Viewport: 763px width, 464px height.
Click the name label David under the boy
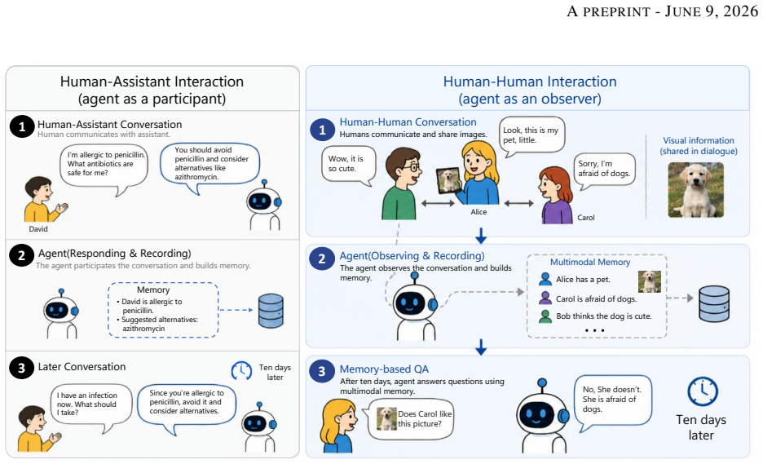coord(38,229)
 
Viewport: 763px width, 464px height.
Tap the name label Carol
coord(586,218)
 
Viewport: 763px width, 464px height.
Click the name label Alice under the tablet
coord(479,212)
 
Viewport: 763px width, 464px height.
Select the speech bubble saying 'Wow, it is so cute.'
coord(349,166)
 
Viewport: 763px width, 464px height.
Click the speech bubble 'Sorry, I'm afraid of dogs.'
coord(604,170)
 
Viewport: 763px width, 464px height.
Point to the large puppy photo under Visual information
coord(696,190)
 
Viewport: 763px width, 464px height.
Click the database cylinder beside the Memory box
coord(271,310)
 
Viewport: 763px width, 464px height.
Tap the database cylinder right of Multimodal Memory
coord(714,303)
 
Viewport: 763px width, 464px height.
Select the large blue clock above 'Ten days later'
coord(703,391)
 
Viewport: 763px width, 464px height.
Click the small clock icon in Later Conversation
coord(241,370)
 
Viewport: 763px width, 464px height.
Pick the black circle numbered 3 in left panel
coord(21,368)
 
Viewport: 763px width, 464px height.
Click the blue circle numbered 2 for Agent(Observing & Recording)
coord(322,259)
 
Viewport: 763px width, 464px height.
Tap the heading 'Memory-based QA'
coord(384,369)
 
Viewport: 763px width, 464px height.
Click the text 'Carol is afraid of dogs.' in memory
coord(596,299)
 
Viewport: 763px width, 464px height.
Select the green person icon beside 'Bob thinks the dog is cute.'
coord(545,316)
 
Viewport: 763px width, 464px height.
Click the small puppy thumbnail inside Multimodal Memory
coord(649,282)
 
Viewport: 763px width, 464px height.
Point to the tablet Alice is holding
coord(448,181)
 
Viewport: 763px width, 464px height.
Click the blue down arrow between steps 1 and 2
coord(481,236)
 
